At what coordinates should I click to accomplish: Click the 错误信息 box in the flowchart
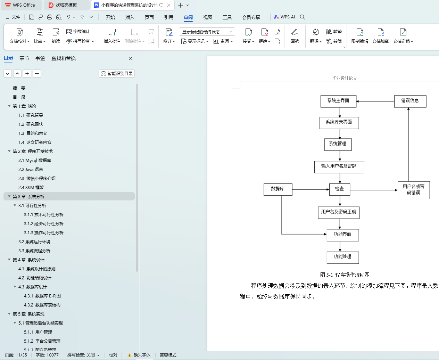(x=410, y=101)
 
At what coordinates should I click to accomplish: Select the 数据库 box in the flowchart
(x=278, y=189)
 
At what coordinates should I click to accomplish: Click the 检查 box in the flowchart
(x=340, y=189)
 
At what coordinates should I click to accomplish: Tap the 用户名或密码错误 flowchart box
(x=414, y=190)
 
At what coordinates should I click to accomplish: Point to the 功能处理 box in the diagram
(x=343, y=257)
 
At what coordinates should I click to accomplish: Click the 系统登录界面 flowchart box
(x=339, y=123)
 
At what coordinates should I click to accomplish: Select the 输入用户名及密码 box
(x=339, y=166)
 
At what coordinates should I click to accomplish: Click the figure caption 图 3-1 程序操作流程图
(x=345, y=275)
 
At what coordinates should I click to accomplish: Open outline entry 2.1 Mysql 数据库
(x=35, y=161)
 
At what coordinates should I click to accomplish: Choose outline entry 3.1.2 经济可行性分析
(x=44, y=224)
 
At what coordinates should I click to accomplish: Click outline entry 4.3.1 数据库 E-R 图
(x=42, y=296)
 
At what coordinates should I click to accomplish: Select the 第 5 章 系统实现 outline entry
(x=28, y=314)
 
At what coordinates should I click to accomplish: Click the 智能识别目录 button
(x=117, y=74)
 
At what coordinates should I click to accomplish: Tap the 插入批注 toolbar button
(x=112, y=36)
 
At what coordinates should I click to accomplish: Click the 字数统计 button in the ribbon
(x=78, y=32)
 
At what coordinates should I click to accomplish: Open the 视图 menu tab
(x=208, y=17)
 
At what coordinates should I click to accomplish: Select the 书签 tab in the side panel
(x=40, y=58)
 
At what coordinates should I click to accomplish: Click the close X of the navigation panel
(x=131, y=58)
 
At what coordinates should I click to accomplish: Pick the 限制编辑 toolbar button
(x=359, y=36)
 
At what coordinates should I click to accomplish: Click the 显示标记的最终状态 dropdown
(x=207, y=32)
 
